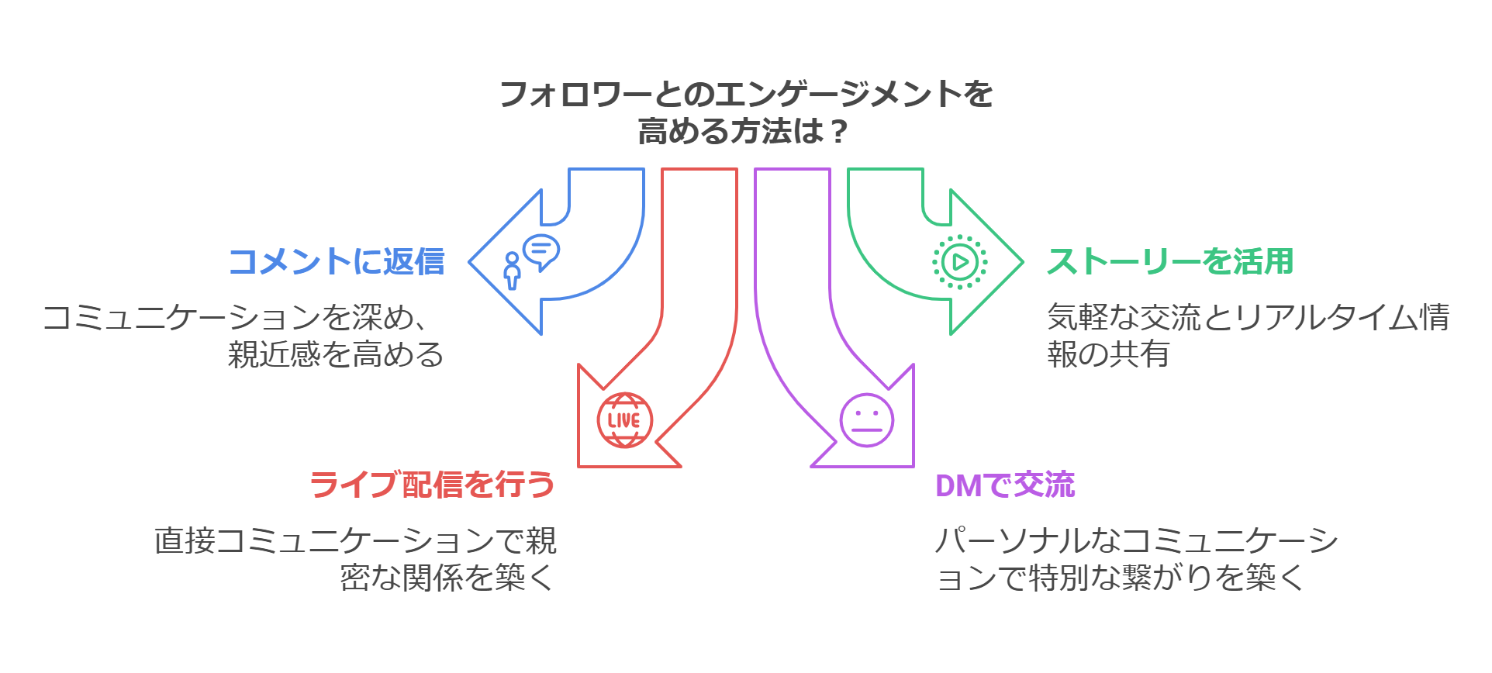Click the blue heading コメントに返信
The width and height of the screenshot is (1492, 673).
[x=337, y=262]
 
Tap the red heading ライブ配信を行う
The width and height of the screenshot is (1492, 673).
[x=432, y=485]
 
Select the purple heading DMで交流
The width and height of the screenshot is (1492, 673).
[x=1005, y=485]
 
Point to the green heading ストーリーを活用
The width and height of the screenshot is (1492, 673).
[x=1170, y=262]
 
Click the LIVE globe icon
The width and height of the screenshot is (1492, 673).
[x=624, y=420]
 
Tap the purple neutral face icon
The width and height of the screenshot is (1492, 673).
[x=867, y=420]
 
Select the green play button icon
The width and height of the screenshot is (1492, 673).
[x=959, y=262]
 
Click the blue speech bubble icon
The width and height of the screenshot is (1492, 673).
[x=541, y=250]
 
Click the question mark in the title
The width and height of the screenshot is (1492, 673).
[x=838, y=132]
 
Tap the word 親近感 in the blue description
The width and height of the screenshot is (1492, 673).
[x=274, y=355]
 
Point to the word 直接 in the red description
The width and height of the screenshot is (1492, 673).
[x=185, y=541]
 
